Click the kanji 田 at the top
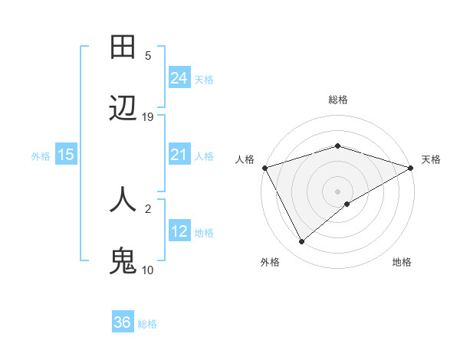pyautogui.click(x=123, y=47)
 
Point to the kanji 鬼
pyautogui.click(x=123, y=261)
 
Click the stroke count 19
pyautogui.click(x=148, y=117)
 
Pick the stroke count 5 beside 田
pyautogui.click(x=148, y=55)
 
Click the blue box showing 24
pyautogui.click(x=179, y=77)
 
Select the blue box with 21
pyautogui.click(x=179, y=155)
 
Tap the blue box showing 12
pyautogui.click(x=179, y=231)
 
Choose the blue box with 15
pyautogui.click(x=66, y=155)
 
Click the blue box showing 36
pyautogui.click(x=123, y=322)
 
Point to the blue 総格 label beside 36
pyautogui.click(x=147, y=324)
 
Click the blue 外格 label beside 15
pyautogui.click(x=41, y=156)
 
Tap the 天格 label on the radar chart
pyautogui.click(x=431, y=159)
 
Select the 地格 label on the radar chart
pyautogui.click(x=402, y=262)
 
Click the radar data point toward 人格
pyautogui.click(x=264, y=167)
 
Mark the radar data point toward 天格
pyautogui.click(x=410, y=167)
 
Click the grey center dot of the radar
pyautogui.click(x=337, y=191)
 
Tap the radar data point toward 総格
pyautogui.click(x=337, y=146)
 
